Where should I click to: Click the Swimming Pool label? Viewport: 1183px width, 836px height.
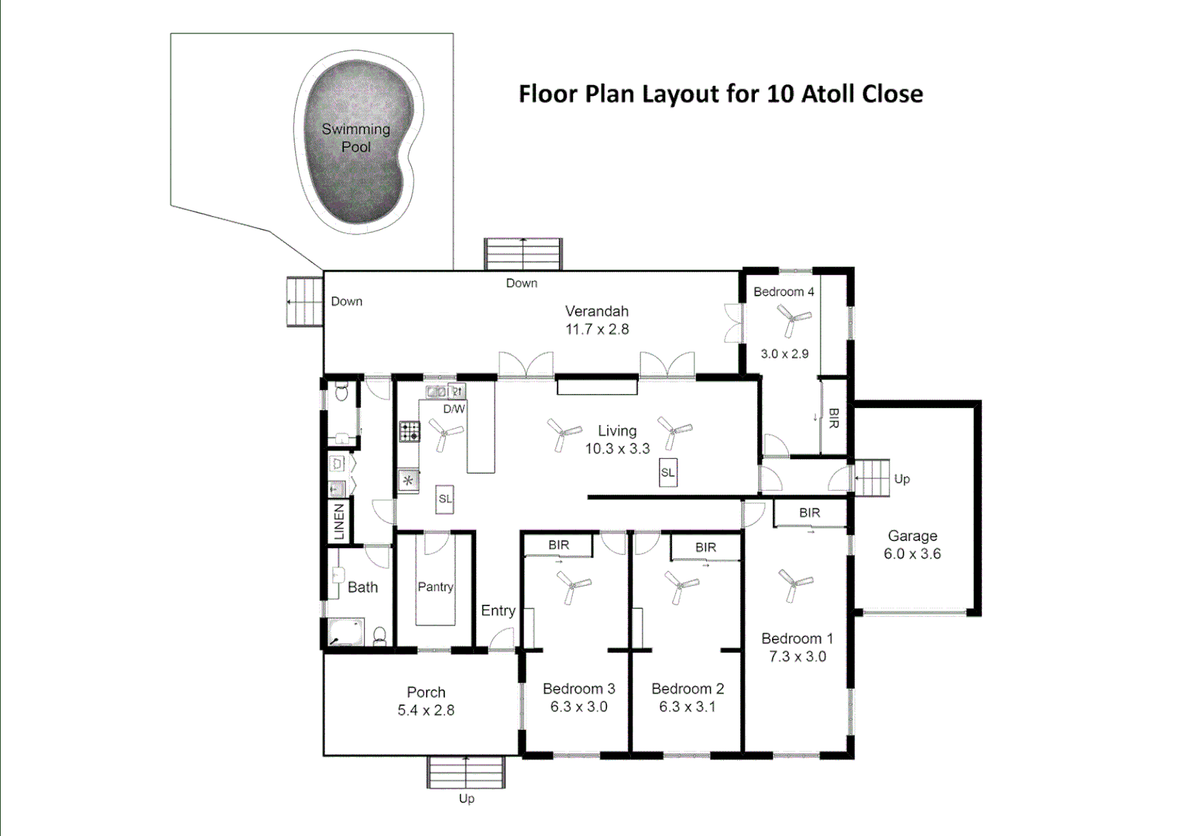point(356,138)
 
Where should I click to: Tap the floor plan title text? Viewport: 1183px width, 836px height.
point(720,94)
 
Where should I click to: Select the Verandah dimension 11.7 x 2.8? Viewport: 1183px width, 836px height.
point(597,329)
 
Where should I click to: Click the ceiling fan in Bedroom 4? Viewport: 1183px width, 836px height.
point(793,318)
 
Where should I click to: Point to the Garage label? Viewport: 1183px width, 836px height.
point(912,536)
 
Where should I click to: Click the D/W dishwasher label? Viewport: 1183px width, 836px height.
point(454,409)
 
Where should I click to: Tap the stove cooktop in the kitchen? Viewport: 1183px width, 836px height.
point(410,432)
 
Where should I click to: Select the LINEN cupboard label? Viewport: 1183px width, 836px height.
point(339,521)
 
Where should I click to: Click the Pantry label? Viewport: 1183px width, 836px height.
point(435,587)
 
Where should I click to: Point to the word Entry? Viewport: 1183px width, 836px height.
point(498,611)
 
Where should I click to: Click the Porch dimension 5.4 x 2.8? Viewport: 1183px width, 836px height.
point(426,711)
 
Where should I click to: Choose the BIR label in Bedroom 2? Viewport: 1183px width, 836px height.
point(705,547)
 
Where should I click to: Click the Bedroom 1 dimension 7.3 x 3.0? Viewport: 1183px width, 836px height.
point(797,656)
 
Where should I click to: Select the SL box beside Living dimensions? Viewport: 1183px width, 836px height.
point(667,473)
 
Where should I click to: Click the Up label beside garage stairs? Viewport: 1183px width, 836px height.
point(902,479)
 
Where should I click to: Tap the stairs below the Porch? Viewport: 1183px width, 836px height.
point(466,773)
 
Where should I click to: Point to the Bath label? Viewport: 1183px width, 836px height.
point(362,588)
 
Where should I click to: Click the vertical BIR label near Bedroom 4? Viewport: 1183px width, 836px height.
point(834,419)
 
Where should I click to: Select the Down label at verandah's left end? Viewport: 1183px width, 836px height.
point(346,301)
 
